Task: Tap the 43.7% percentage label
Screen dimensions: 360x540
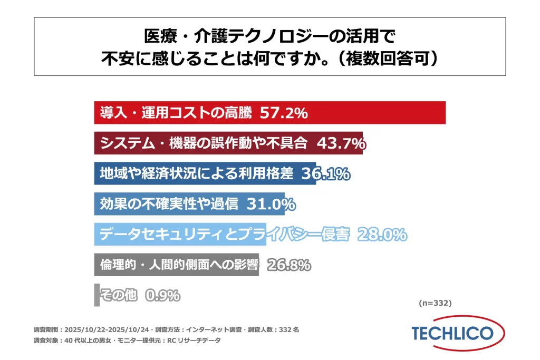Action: [x=341, y=143]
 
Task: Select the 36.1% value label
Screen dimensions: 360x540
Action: [x=325, y=173]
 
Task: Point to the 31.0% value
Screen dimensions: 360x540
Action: [x=271, y=203]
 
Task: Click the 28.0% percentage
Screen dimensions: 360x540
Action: [x=382, y=234]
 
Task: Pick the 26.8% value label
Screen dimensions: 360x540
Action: [x=288, y=265]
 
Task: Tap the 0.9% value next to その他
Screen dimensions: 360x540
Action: [x=162, y=295]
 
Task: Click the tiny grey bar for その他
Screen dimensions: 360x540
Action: [x=97, y=295]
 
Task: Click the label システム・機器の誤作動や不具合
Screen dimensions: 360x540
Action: [x=205, y=143]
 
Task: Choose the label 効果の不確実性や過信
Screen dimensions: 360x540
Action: [x=169, y=203]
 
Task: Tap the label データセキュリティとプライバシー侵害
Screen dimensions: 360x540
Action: [x=224, y=234]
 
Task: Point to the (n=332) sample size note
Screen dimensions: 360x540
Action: [x=435, y=303]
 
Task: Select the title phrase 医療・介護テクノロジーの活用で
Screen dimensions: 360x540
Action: [x=269, y=36]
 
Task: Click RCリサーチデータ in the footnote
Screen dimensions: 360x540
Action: [x=196, y=340]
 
